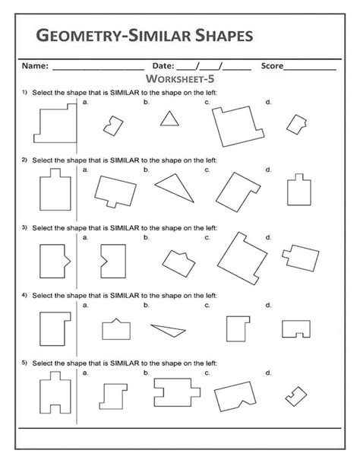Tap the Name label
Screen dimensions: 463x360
point(35,66)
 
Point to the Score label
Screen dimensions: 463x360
point(272,66)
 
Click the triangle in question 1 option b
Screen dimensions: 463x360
point(170,119)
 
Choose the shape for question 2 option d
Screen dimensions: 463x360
point(298,189)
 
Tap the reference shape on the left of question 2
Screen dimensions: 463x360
point(54,190)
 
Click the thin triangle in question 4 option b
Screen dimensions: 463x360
point(169,328)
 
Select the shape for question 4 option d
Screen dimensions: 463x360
point(296,328)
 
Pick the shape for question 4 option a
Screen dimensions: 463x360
point(114,328)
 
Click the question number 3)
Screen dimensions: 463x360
point(25,227)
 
